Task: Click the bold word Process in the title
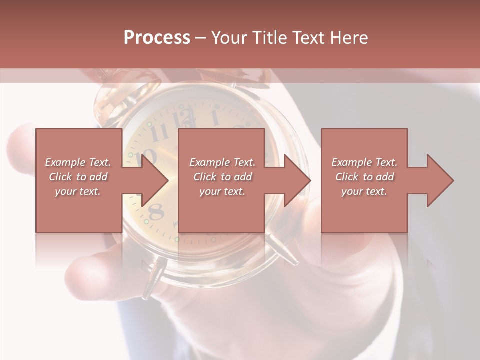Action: [157, 38]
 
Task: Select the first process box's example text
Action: [78, 177]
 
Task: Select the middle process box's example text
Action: [222, 177]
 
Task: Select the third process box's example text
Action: [364, 177]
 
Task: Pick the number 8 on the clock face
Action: [157, 212]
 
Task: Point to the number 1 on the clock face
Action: [215, 118]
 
